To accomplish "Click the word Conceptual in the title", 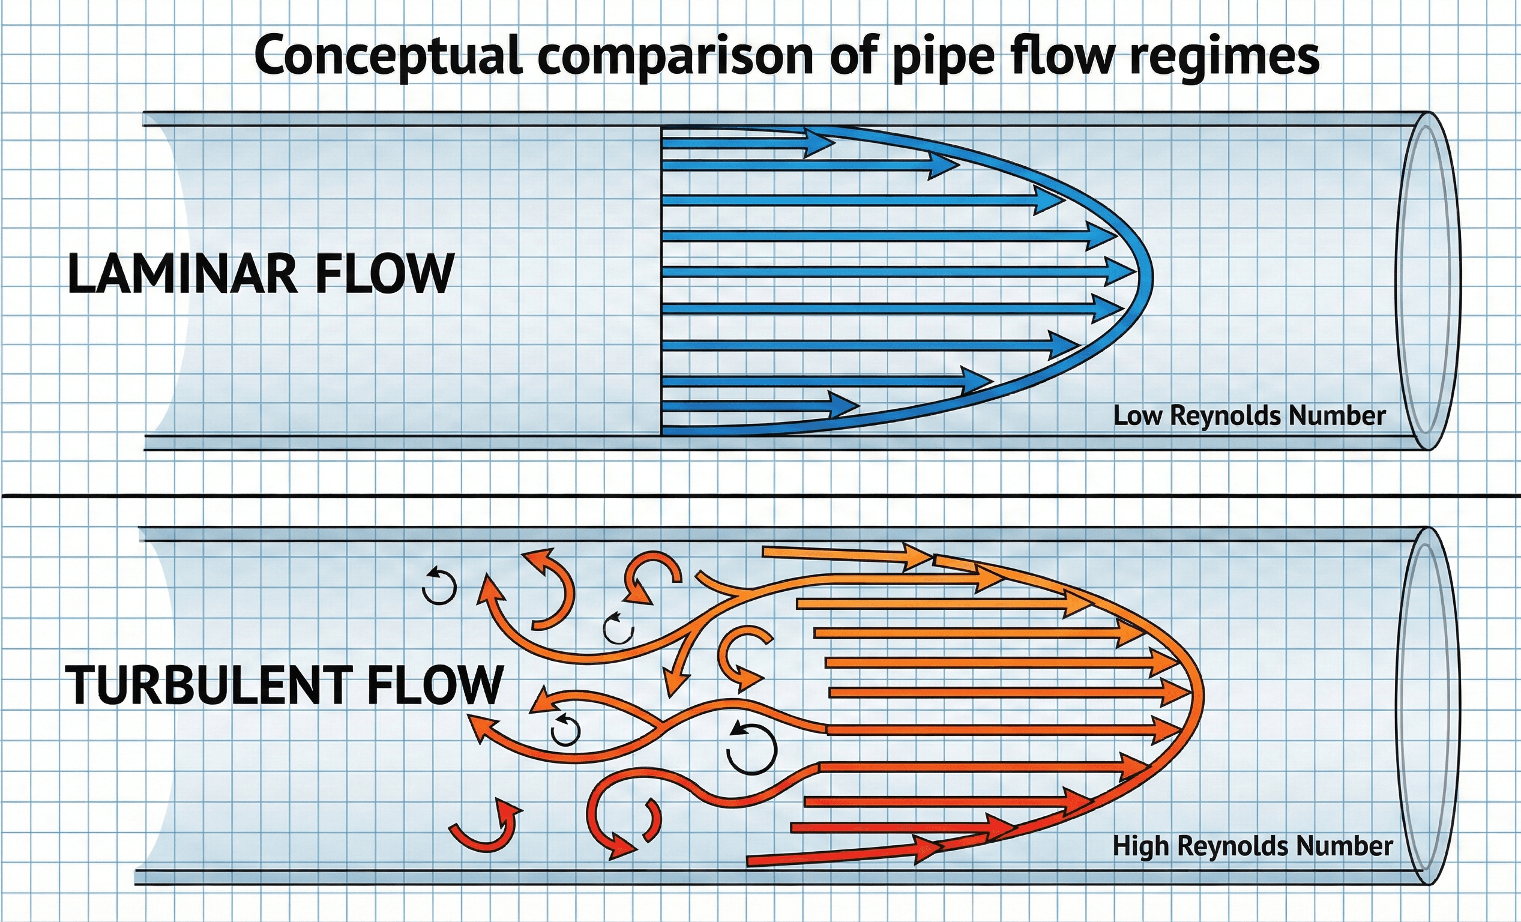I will tap(388, 57).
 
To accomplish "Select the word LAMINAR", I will tap(182, 273).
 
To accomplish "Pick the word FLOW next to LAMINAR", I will tap(385, 273).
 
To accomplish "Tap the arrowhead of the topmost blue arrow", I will tap(821, 142).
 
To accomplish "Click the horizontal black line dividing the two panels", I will tap(760, 496).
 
